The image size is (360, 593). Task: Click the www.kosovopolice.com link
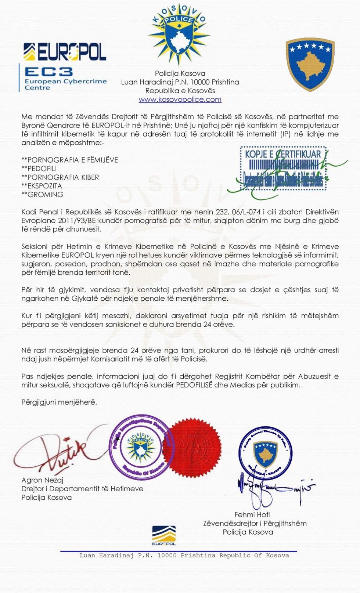[180, 99]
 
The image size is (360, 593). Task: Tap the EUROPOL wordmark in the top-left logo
[65, 52]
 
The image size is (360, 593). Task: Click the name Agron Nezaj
[42, 480]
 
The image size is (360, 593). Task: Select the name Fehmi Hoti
[252, 514]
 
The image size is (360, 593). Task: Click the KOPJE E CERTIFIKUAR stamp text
[283, 154]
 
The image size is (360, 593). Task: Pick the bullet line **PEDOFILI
[39, 169]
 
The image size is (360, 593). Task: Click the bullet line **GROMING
[42, 195]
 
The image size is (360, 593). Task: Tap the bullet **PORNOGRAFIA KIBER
[60, 177]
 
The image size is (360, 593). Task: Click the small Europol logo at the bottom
[164, 536]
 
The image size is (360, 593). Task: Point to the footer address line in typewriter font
[184, 556]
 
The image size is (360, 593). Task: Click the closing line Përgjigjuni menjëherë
[59, 402]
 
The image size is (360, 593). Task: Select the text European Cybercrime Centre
[65, 84]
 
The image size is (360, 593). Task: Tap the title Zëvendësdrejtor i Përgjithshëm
[255, 523]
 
